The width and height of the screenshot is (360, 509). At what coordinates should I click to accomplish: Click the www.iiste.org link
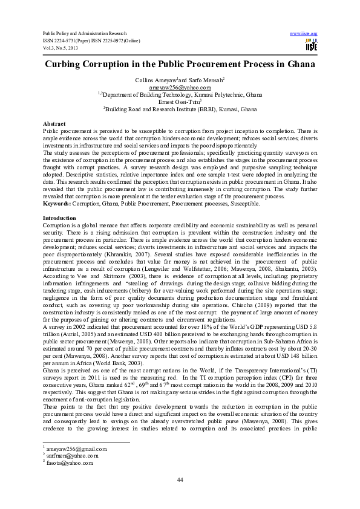[x=304, y=31]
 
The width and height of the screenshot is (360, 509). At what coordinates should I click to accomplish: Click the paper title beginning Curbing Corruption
[x=180, y=64]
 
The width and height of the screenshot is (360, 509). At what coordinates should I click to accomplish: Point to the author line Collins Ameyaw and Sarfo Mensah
[x=180, y=80]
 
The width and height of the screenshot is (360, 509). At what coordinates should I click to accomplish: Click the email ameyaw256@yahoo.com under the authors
[x=180, y=88]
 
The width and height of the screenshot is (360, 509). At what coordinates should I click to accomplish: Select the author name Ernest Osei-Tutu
[x=179, y=102]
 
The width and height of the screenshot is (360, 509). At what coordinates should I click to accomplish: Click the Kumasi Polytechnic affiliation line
[x=180, y=95]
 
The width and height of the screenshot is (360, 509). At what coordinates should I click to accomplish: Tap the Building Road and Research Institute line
[x=180, y=109]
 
